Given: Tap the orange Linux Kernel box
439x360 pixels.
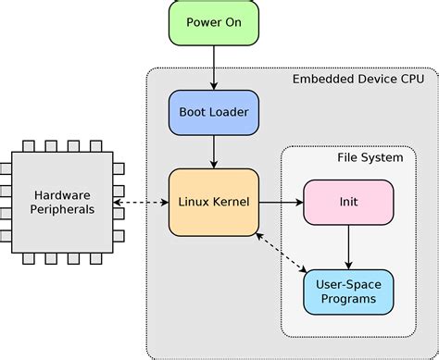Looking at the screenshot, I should point(213,201).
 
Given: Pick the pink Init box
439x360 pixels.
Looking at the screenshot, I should point(348,201).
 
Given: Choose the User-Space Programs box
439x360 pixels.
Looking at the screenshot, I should point(348,291).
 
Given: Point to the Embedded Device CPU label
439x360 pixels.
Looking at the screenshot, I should point(358,80).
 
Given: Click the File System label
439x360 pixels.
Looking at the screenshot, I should point(370,157).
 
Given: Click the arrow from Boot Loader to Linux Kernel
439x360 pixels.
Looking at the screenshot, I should point(213,155).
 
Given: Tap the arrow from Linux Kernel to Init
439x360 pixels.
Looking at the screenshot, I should point(281,201).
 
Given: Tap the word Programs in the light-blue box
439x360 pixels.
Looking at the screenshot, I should point(348,299).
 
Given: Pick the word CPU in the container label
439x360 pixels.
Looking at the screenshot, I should point(411,80).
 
